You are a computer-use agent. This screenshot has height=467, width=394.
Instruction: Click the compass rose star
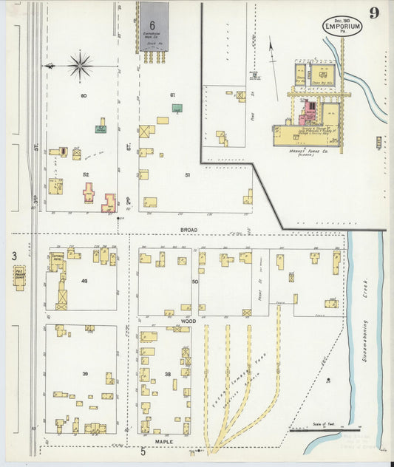point(80,65)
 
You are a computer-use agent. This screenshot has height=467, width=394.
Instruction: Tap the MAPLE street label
point(164,441)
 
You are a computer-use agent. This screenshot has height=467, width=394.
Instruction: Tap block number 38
point(169,374)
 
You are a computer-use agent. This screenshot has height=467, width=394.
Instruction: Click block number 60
point(84,95)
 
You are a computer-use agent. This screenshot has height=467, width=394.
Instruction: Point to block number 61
point(172,95)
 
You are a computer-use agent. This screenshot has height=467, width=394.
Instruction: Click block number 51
point(188,174)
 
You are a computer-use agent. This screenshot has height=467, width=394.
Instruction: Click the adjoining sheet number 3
point(13,256)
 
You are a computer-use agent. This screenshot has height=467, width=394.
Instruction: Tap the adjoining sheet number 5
point(143,451)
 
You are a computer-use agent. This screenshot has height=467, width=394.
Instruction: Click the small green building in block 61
point(177,108)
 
